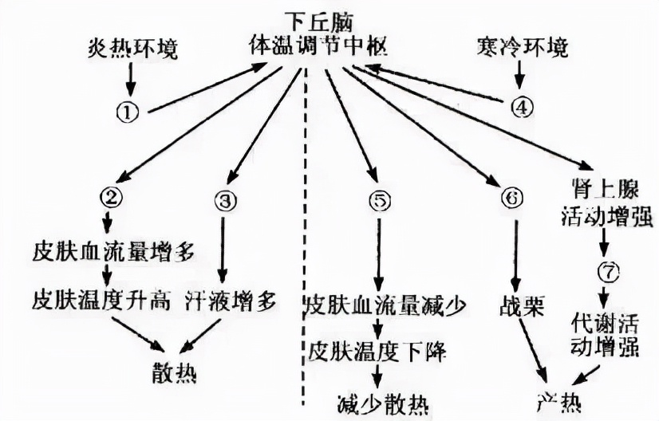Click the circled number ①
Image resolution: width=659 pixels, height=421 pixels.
(x=128, y=112)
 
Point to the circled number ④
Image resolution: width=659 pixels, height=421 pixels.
(x=522, y=107)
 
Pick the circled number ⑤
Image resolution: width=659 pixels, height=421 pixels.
(x=380, y=202)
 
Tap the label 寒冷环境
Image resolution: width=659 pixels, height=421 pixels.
(x=523, y=46)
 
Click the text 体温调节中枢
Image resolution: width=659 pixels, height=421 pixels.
(x=318, y=44)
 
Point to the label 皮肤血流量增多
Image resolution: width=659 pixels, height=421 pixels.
(x=114, y=253)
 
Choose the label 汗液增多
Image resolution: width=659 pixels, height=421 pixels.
(x=231, y=301)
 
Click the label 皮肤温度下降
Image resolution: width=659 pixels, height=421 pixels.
(x=377, y=351)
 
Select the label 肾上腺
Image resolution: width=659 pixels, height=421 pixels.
(x=606, y=189)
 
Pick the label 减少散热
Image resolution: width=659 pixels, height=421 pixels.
(x=382, y=404)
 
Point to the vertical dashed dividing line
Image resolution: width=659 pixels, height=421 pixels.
(x=304, y=238)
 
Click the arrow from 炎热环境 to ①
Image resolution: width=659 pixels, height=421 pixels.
(x=131, y=79)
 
